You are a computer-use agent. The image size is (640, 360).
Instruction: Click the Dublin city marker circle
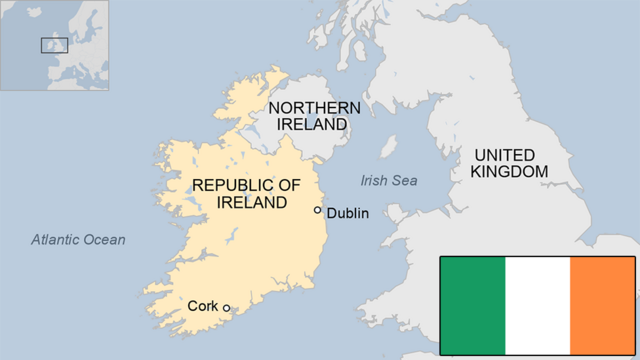(318, 210)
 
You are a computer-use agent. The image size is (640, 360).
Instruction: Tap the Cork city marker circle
(227, 308)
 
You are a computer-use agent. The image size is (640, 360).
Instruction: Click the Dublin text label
(348, 213)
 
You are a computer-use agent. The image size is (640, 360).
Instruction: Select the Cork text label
(202, 306)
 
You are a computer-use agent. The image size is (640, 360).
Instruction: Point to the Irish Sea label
(389, 180)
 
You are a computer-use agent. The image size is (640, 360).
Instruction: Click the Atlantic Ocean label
(78, 239)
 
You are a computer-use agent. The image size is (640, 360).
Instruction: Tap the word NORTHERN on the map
(314, 107)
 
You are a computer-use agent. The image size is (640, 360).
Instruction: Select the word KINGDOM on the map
(510, 172)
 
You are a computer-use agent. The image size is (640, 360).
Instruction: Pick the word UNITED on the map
(505, 155)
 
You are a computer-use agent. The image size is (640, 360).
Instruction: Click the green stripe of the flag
(473, 305)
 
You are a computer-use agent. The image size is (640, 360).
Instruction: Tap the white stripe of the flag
(537, 305)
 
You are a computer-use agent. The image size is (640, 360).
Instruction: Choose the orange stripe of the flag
(602, 305)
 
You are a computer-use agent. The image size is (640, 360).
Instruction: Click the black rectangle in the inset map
(54, 45)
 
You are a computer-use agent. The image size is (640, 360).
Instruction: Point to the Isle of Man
(388, 146)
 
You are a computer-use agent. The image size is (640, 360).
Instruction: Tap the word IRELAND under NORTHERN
(314, 124)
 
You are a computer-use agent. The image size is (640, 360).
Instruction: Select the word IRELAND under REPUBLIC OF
(246, 202)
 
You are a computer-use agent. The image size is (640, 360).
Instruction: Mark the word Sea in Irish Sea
(404, 180)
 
